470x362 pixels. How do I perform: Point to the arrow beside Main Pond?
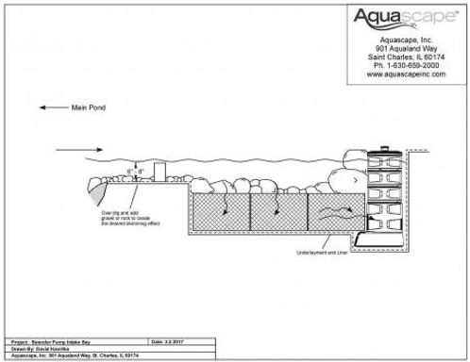pyautogui.click(x=54, y=108)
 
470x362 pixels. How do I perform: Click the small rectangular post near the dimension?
pyautogui.click(x=160, y=171)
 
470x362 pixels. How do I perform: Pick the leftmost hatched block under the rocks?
pyautogui.click(x=218, y=213)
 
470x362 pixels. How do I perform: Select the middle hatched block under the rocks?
pyautogui.click(x=278, y=213)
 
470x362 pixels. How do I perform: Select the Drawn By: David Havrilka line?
pyautogui.click(x=42, y=341)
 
